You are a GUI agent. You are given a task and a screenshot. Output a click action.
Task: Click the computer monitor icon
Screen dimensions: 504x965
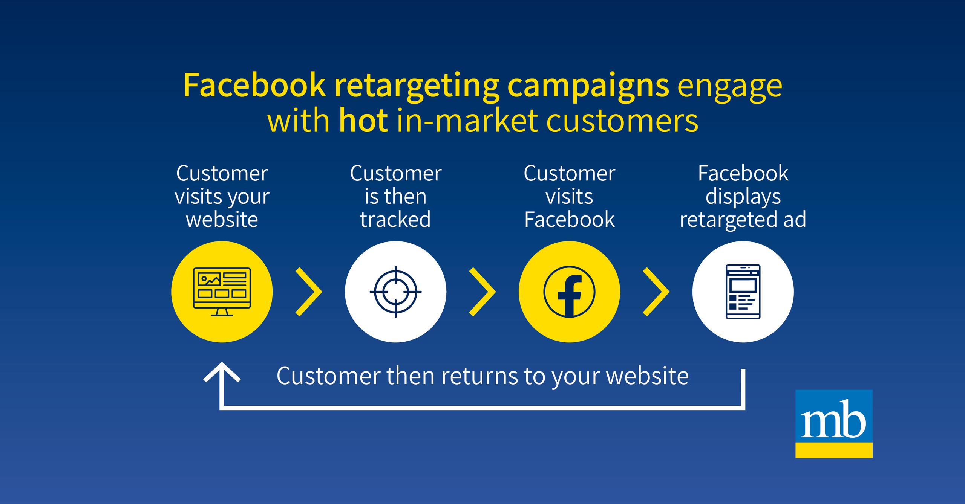point(222,292)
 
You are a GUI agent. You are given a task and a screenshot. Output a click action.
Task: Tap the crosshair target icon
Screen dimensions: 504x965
point(395,292)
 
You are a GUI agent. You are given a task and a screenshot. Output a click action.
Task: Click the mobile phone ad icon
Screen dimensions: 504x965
point(743,292)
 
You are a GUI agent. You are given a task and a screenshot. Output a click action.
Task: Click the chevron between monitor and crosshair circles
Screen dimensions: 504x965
point(309,292)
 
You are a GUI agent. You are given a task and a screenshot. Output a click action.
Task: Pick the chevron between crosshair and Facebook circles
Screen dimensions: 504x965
point(482,292)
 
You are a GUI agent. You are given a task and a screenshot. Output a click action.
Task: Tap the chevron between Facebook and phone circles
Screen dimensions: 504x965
point(656,292)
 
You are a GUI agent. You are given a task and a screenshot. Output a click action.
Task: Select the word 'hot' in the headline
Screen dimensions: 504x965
point(363,121)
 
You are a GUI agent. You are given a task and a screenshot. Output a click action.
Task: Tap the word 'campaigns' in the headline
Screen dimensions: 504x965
point(588,86)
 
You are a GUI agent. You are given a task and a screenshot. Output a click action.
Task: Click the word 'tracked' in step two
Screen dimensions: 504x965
point(395,219)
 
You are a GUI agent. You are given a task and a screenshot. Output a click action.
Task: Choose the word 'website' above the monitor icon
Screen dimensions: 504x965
point(222,219)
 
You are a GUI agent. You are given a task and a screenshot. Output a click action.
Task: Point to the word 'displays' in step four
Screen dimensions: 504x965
point(743,197)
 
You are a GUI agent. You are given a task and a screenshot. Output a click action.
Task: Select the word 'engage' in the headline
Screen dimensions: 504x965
point(729,86)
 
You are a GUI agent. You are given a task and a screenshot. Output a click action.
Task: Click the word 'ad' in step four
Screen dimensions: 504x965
point(795,219)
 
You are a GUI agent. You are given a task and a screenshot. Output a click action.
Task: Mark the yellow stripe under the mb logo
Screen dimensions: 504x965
point(834,451)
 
